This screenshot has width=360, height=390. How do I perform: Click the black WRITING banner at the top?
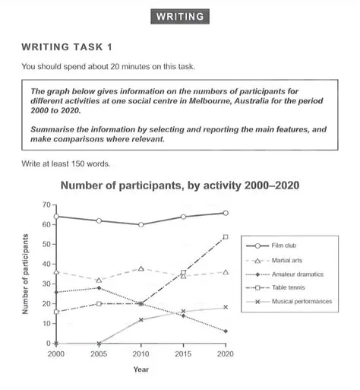179,16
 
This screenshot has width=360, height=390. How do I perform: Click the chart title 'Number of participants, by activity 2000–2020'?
179,186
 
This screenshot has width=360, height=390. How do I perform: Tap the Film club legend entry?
288,246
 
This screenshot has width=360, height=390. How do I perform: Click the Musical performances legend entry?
304,301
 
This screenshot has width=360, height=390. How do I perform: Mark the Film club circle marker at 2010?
140,225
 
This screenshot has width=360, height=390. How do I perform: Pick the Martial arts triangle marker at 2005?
96,281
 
